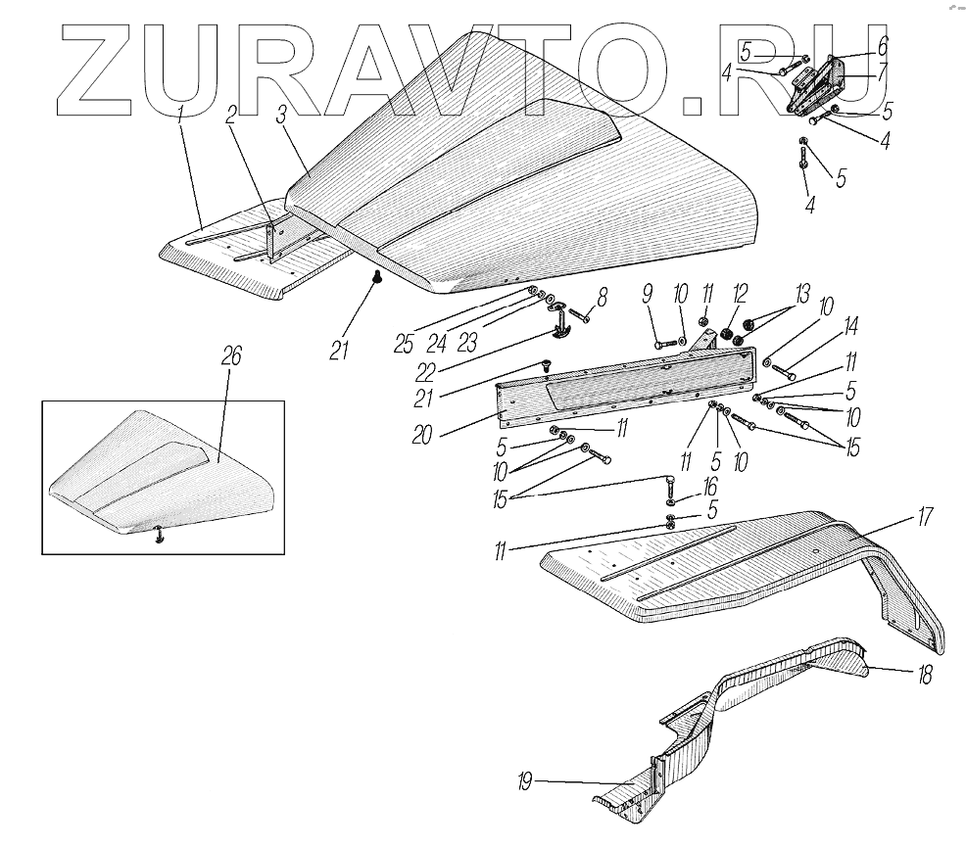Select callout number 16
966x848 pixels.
point(708,487)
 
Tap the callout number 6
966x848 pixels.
point(882,46)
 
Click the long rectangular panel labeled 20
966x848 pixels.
point(627,392)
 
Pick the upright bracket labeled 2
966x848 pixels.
point(271,240)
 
